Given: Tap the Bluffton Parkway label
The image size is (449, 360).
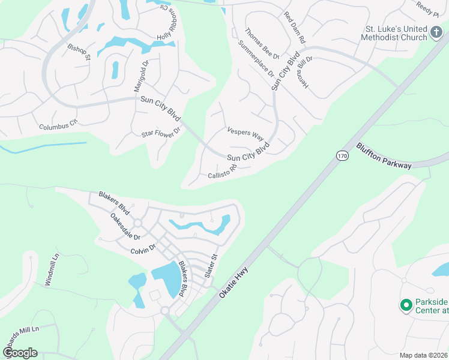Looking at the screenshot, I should click(x=384, y=155).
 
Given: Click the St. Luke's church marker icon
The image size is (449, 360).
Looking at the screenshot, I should click(x=440, y=37).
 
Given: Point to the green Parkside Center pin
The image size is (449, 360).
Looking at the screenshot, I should click(x=406, y=305).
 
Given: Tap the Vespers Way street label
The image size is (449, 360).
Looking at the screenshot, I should click(x=246, y=133).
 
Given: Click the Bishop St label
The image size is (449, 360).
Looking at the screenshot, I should click(x=79, y=52).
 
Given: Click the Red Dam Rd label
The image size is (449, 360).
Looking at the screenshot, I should click(x=295, y=28).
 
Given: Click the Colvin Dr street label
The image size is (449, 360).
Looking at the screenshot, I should click(x=143, y=249).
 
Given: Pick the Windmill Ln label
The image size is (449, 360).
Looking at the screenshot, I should click(x=53, y=271).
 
